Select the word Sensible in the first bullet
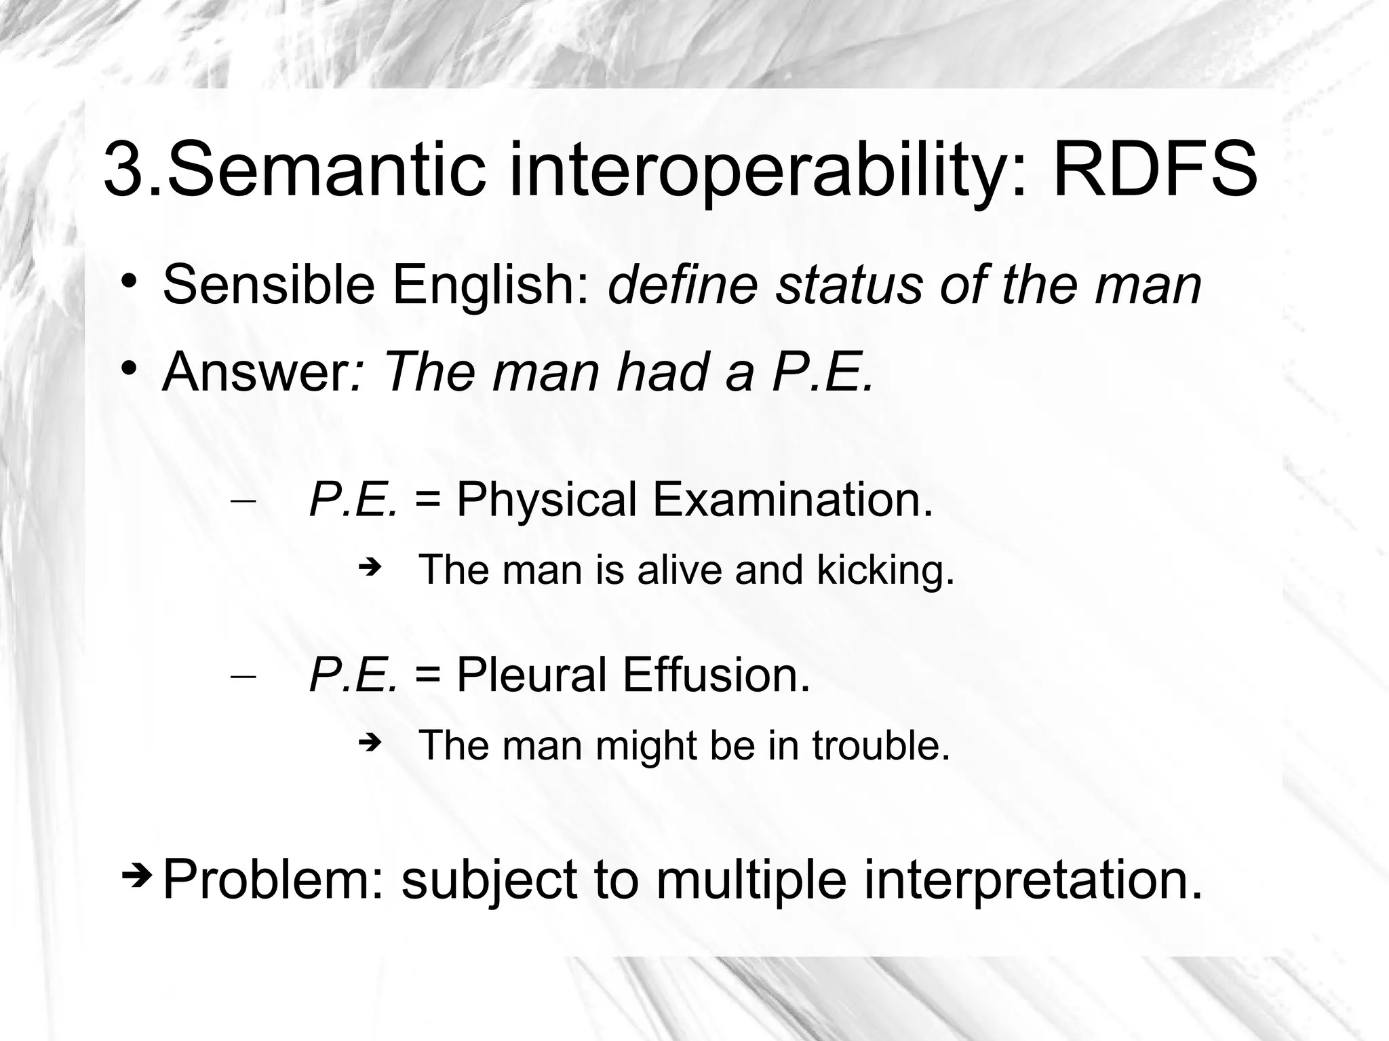point(269,285)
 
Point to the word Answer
point(255,372)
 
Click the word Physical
point(547,500)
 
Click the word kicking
point(885,570)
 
